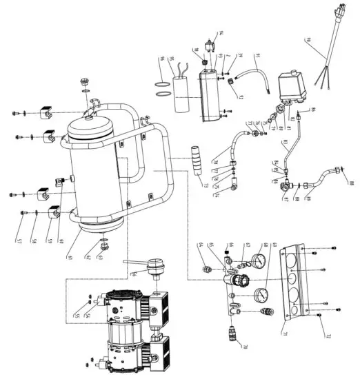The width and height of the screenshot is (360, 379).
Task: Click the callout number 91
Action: pyautogui.click(x=256, y=55)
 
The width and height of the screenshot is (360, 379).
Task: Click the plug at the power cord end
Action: pyautogui.click(x=336, y=14)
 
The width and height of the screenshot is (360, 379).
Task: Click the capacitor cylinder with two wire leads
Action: pyautogui.click(x=183, y=92)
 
